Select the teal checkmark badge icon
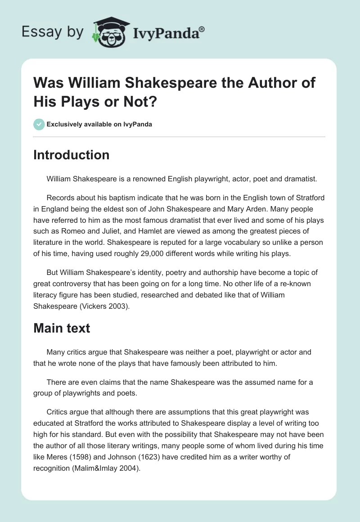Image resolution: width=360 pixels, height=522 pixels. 39,124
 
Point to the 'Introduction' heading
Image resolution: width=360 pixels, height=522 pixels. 72,155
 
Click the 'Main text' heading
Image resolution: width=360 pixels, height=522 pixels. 62,328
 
